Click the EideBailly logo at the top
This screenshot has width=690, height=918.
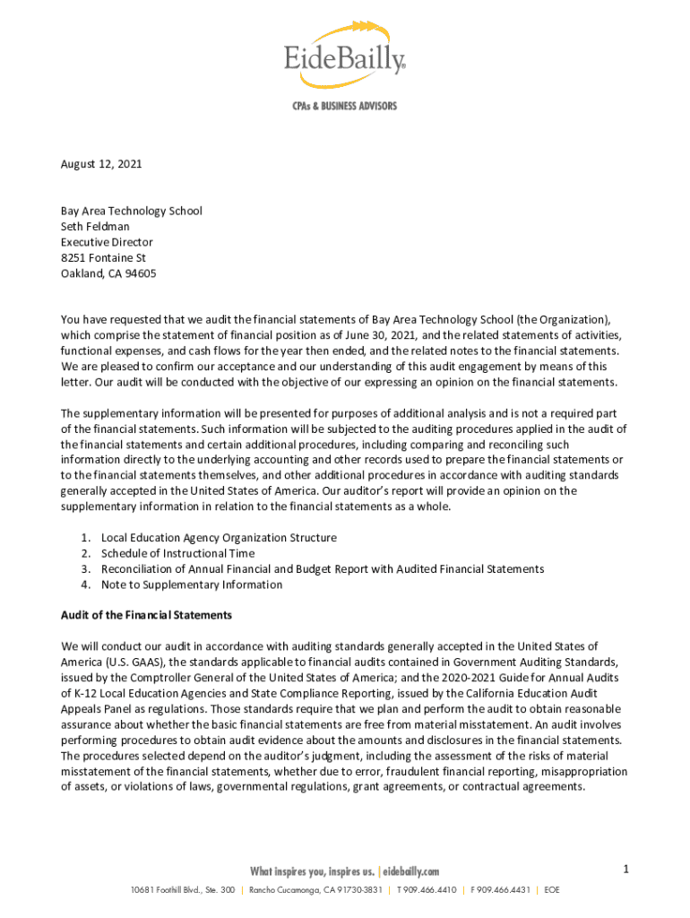pyautogui.click(x=344, y=56)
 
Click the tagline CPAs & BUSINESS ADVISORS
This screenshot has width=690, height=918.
pyautogui.click(x=344, y=106)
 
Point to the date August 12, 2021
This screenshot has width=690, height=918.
pyautogui.click(x=101, y=164)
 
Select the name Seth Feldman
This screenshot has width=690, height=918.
pyautogui.click(x=95, y=227)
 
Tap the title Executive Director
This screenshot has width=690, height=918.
pyautogui.click(x=107, y=242)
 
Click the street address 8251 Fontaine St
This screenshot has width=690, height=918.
pyautogui.click(x=103, y=258)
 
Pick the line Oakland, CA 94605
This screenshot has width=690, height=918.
pyautogui.click(x=108, y=273)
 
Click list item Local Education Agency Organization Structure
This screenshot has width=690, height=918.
pyautogui.click(x=219, y=538)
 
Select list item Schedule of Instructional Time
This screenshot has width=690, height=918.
pyautogui.click(x=177, y=553)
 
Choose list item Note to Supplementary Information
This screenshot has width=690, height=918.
pyautogui.click(x=192, y=585)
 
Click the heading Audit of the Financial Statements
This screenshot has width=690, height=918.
pyautogui.click(x=146, y=616)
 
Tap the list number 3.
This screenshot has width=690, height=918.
pyautogui.click(x=85, y=569)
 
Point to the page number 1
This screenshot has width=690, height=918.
pyautogui.click(x=627, y=869)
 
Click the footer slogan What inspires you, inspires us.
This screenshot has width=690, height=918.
pyautogui.click(x=312, y=871)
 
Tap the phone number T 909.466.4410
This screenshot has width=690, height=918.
pyautogui.click(x=427, y=890)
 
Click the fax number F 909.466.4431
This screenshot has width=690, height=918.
pyautogui.click(x=501, y=890)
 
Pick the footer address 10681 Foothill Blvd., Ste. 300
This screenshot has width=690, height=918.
pyautogui.click(x=183, y=890)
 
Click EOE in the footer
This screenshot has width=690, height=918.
pyautogui.click(x=551, y=890)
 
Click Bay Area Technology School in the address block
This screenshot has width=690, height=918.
pyautogui.click(x=131, y=211)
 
